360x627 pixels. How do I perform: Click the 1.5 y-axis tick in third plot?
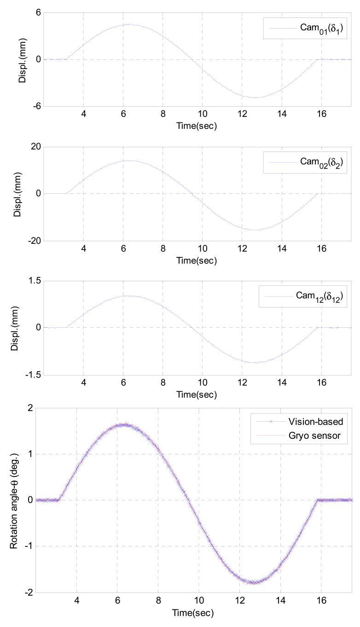point(35,281)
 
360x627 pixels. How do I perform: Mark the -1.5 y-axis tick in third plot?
point(34,375)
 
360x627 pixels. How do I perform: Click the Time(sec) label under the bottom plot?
point(192,613)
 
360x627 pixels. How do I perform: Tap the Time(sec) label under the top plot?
point(197,126)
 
